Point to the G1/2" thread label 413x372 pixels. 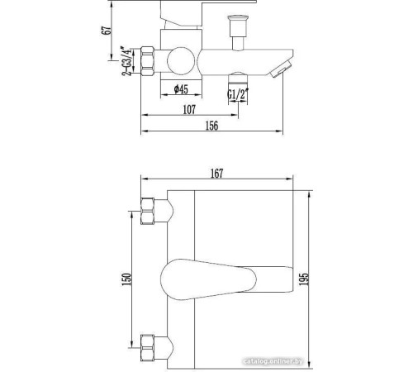point(239,93)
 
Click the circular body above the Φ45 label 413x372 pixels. point(179,60)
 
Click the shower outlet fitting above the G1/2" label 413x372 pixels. point(239,79)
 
